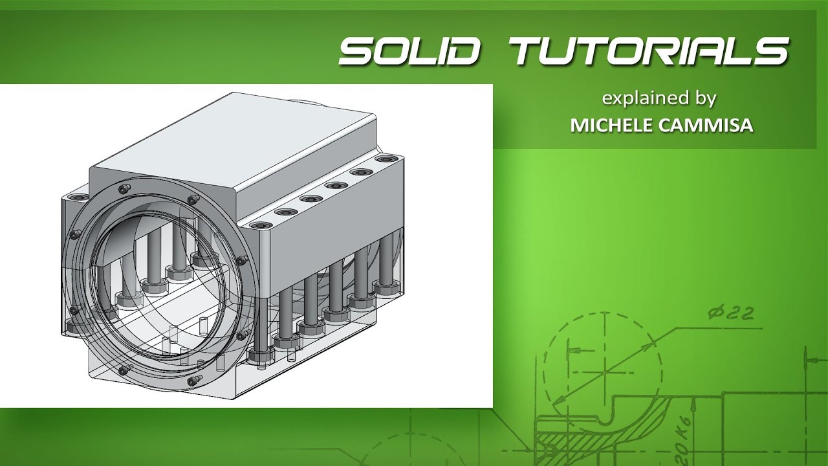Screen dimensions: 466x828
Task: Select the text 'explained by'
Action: tap(659, 99)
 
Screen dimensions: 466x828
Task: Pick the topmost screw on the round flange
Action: tap(122, 188)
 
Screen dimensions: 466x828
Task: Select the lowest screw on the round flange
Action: tap(191, 382)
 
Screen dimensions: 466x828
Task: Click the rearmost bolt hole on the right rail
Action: tap(387, 159)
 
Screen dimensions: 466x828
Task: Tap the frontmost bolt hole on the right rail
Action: tap(260, 226)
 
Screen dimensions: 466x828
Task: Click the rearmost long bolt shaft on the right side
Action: tap(387, 259)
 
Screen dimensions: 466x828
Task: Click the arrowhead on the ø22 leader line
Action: tap(648, 346)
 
